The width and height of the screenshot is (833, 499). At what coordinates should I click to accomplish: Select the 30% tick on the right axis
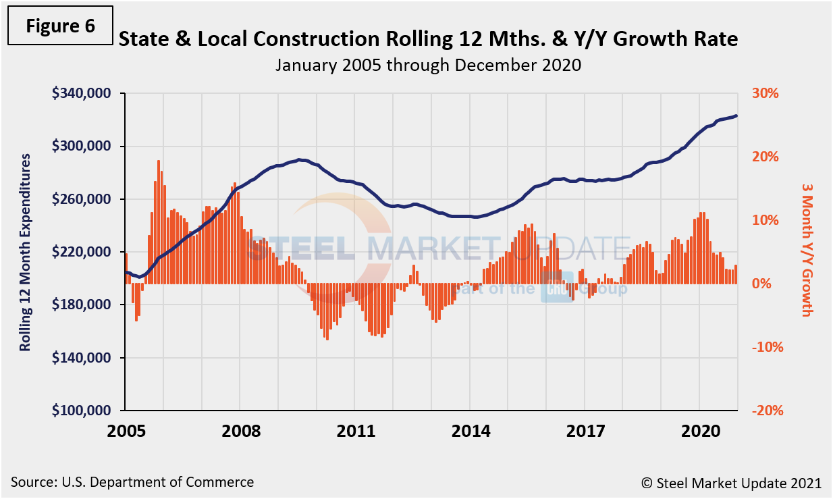(766, 93)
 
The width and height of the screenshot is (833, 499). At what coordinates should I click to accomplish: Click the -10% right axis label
(765, 347)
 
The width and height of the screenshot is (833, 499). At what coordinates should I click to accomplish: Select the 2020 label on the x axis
(699, 431)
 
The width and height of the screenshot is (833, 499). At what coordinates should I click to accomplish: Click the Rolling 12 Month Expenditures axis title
(25, 252)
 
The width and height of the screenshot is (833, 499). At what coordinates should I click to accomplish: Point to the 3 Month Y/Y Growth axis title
(806, 248)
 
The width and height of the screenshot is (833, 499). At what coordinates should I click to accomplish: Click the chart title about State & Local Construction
(428, 40)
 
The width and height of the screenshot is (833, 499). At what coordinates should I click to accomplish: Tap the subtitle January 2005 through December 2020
(428, 65)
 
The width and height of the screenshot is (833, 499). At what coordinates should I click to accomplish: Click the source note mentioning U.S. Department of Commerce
(132, 482)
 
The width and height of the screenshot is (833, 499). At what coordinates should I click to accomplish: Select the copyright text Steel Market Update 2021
(731, 483)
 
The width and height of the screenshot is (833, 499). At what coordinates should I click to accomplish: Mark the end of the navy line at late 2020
(736, 115)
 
